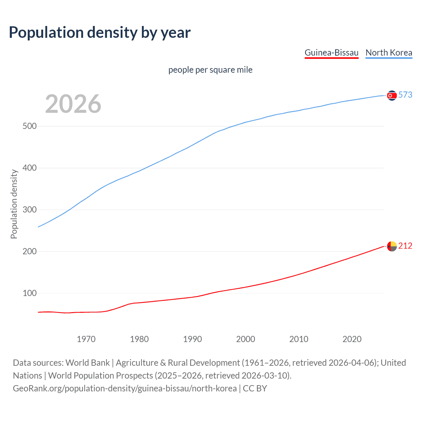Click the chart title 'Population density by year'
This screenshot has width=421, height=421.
(100, 33)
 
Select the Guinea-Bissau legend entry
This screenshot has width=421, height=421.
(332, 53)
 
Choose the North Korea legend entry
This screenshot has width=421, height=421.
(389, 53)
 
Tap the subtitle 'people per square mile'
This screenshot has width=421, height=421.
(210, 70)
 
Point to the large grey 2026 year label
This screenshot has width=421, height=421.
(73, 104)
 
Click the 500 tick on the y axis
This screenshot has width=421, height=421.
(30, 126)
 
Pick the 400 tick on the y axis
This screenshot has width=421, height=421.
(30, 168)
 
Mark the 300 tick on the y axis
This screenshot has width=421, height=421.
(30, 210)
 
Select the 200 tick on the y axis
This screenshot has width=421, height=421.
(30, 252)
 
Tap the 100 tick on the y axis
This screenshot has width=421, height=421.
(30, 293)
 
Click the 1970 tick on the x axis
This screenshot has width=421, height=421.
(86, 339)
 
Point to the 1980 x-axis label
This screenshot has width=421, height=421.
(139, 339)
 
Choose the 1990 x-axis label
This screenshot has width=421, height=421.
(192, 339)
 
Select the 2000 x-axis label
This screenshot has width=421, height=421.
(246, 339)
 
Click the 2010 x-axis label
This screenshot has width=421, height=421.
(299, 339)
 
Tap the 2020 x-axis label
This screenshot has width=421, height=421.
(352, 339)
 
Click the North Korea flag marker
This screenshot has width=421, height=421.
(392, 95)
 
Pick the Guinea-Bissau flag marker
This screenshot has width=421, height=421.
(392, 246)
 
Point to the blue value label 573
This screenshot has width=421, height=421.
(405, 95)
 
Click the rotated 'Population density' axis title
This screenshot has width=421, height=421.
(14, 204)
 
